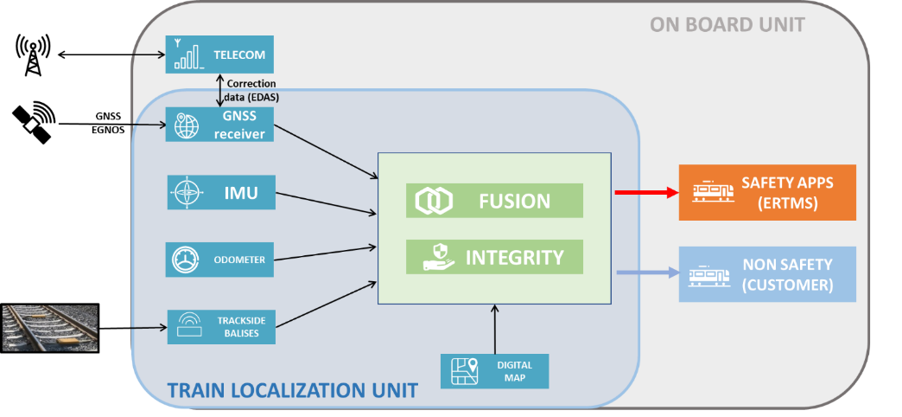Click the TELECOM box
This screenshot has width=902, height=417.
pos(219,55)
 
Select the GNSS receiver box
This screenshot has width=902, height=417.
pos(219,125)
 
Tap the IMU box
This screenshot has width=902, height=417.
pos(220,192)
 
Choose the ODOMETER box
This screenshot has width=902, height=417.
pos(220,260)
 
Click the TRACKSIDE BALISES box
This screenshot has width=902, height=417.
pos(220,327)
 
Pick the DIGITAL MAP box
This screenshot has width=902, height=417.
pos(494,371)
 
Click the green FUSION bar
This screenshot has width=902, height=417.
pos(494,201)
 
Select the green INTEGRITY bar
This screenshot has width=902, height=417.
pos(494,257)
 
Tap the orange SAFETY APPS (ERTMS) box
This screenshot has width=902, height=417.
pos(767,192)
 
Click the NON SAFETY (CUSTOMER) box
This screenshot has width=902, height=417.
pos(767,274)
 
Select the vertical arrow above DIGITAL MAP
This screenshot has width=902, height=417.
pos(494,328)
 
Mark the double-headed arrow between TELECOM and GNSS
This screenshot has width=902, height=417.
pos(219,90)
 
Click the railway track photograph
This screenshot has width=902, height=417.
pos(49,328)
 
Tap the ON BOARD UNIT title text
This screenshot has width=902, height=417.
pos(727,24)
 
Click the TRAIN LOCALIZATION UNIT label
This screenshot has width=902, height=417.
pos(292,391)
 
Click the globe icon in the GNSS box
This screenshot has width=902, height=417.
pos(187,125)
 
